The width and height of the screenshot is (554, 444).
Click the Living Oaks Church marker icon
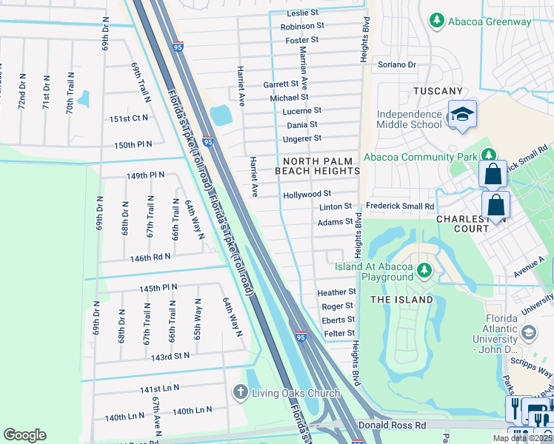point(240,392)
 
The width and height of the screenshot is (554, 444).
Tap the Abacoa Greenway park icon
point(438,21)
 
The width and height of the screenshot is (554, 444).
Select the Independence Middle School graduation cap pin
point(461,115)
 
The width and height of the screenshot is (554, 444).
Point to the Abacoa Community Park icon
point(488,155)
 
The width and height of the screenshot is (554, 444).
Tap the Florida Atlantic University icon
point(529,333)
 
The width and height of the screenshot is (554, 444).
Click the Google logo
point(25,435)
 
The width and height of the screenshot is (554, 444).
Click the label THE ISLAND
point(401,299)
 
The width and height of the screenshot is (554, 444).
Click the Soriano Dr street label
point(397,64)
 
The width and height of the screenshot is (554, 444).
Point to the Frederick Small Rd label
point(400,206)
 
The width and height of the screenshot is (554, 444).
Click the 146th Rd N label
point(150,257)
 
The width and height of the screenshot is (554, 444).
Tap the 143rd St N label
point(170,356)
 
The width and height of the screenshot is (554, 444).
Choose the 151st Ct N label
point(129,118)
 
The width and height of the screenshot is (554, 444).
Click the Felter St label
point(339,334)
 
